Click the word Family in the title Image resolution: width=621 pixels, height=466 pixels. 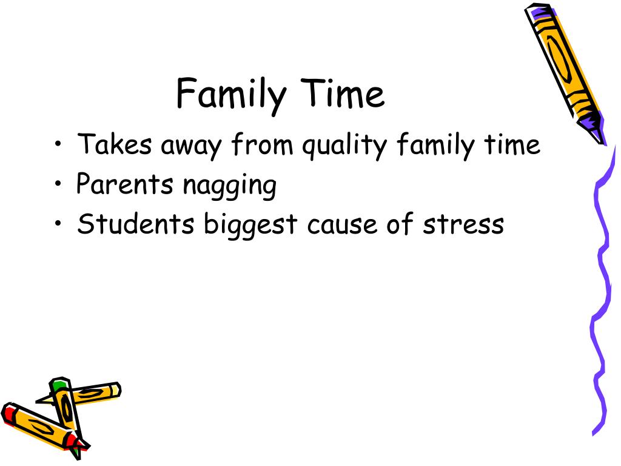pyautogui.click(x=231, y=95)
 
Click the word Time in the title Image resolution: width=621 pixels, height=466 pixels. pyautogui.click(x=342, y=93)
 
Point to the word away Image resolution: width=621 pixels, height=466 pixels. pyautogui.click(x=191, y=147)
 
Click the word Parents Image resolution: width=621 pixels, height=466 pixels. pyautogui.click(x=125, y=184)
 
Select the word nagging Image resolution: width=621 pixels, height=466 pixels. pyautogui.click(x=230, y=186)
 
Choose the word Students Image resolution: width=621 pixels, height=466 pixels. pyautogui.click(x=135, y=223)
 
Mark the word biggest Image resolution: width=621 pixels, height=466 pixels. pyautogui.click(x=250, y=226)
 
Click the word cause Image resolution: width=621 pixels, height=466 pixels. pyautogui.click(x=342, y=225)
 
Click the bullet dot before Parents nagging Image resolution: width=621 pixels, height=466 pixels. pyautogui.click(x=58, y=183)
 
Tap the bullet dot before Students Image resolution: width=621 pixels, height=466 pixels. pyautogui.click(x=58, y=223)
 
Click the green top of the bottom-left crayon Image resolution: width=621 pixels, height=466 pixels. pyautogui.click(x=59, y=384)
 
